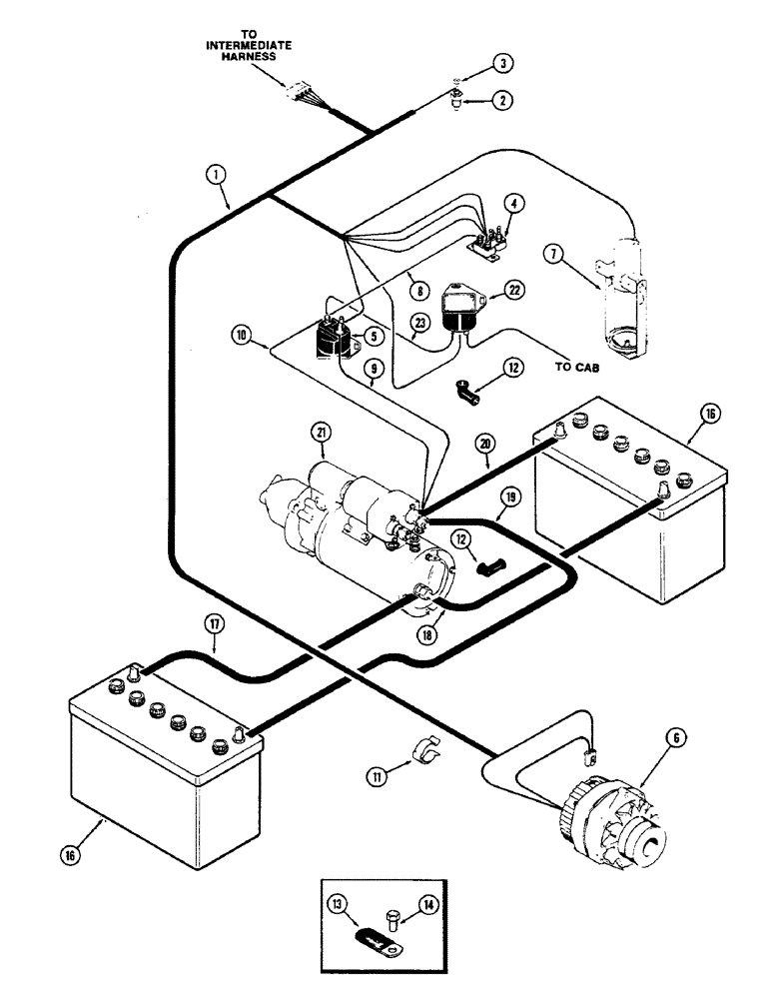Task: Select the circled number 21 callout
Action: (x=321, y=432)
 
